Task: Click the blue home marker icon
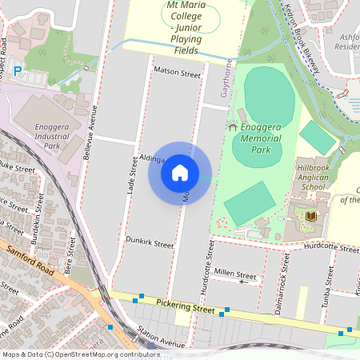pyautogui.click(x=180, y=173)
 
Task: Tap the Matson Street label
pyautogui.click(x=178, y=74)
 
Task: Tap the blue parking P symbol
pyautogui.click(x=18, y=71)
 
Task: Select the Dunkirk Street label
pyautogui.click(x=150, y=241)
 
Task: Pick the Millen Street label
pyautogui.click(x=235, y=274)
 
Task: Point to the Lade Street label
pyautogui.click(x=133, y=178)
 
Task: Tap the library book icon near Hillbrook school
pyautogui.click(x=311, y=216)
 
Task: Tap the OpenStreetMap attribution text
pyautogui.click(x=81, y=354)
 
